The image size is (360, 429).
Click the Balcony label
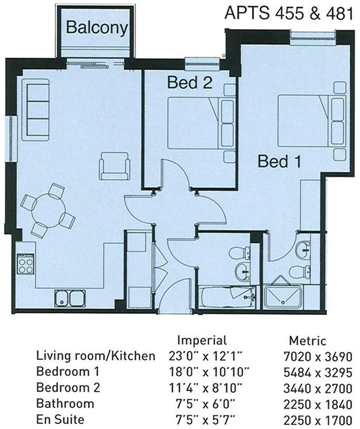pos(97,28)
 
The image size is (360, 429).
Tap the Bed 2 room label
pos(189,82)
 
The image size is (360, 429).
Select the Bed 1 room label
pos(279,162)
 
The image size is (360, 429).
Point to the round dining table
pos(48,211)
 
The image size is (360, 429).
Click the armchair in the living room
pos(114,166)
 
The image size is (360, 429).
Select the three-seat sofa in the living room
pos(36,109)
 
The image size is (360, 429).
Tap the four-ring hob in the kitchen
pos(25,263)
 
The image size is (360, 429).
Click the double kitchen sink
pos(70,299)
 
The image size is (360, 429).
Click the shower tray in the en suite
pos(282,297)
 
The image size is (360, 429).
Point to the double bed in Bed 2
pos(201,123)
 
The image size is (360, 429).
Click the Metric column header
pos(307,340)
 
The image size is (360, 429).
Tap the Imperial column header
pos(202,340)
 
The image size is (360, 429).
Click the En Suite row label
pos(60,420)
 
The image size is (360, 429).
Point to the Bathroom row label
pos(65,404)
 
